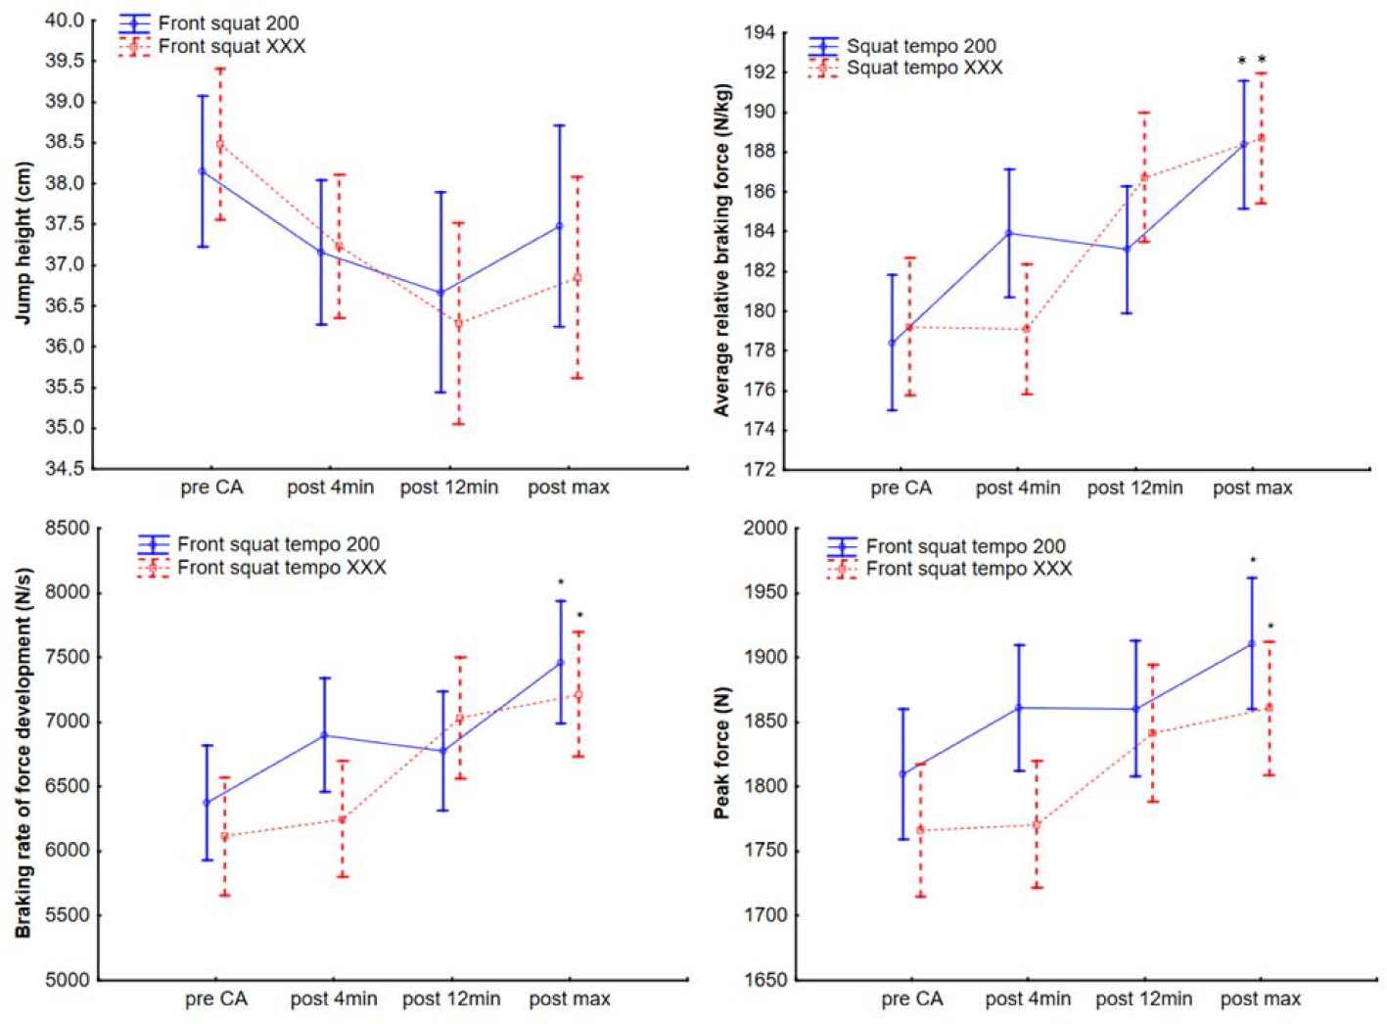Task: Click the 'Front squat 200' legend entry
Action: click(x=228, y=23)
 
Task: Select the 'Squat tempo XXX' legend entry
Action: click(x=924, y=68)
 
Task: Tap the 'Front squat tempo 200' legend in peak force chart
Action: click(x=965, y=546)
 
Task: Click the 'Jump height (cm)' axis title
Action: click(x=23, y=243)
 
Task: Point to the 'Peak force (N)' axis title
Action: click(x=722, y=752)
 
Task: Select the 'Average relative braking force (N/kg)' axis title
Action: click(x=722, y=251)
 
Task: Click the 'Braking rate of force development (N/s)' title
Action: click(x=23, y=752)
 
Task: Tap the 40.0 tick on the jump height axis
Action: click(x=65, y=21)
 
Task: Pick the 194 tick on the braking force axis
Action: click(x=759, y=33)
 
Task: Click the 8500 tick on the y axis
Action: click(x=69, y=529)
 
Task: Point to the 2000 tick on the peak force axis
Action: click(x=765, y=529)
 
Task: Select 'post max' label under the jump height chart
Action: click(x=569, y=488)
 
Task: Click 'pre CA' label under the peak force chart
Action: click(x=912, y=1000)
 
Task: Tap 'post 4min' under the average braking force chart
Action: click(x=1018, y=488)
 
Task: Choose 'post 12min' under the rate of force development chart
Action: click(x=451, y=1000)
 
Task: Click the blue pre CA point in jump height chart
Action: click(x=203, y=171)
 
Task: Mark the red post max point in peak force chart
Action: click(x=1270, y=707)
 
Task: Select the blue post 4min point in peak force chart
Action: click(x=1019, y=708)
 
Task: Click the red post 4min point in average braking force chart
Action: click(x=1027, y=329)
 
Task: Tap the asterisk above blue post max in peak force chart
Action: click(x=1253, y=561)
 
